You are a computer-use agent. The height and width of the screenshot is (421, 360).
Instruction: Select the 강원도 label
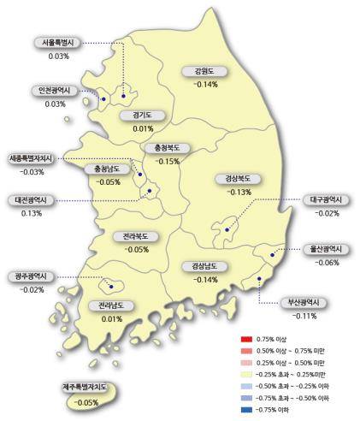[206, 72]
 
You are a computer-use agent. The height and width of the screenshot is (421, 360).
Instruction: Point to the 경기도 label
[143, 116]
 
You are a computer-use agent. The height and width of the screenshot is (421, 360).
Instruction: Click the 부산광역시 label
[303, 303]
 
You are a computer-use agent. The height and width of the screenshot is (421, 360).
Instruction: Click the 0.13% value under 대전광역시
[32, 213]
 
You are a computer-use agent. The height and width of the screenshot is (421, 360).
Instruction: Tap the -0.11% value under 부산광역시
[303, 316]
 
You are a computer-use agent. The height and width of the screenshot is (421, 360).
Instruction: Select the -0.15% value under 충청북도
[168, 161]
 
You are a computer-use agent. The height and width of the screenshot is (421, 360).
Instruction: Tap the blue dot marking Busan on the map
[258, 279]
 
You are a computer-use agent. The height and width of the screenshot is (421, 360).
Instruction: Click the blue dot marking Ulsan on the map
[273, 254]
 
